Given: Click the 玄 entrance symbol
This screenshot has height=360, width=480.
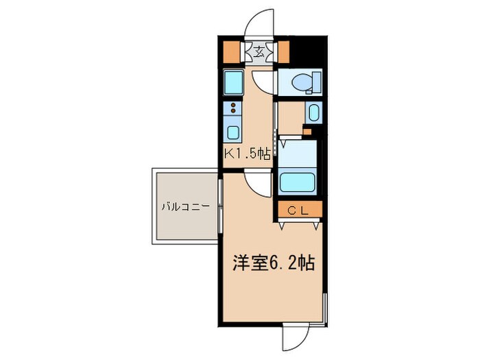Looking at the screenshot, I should [261, 52].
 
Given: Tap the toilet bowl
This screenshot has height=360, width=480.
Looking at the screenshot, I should [302, 83].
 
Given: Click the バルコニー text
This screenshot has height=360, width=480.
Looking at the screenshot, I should [181, 206].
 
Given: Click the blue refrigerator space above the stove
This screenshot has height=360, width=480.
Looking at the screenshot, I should [232, 83].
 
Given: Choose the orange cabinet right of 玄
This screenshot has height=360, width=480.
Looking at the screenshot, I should [283, 52].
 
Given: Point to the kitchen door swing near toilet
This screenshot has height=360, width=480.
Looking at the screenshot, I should [261, 84].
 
